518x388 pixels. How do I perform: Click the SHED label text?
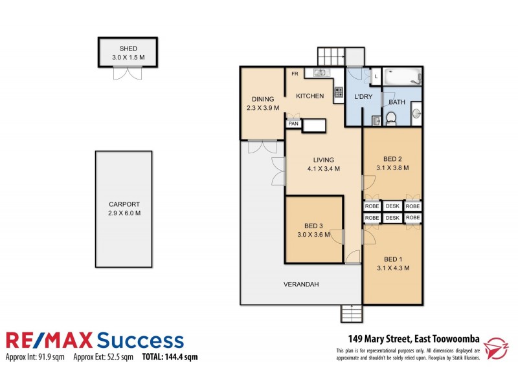click(x=128, y=48)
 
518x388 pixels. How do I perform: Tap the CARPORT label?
click(x=123, y=204)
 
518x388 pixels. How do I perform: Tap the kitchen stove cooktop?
click(x=338, y=93)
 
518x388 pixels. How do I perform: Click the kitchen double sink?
click(x=321, y=72)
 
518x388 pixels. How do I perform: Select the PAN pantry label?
click(x=293, y=123)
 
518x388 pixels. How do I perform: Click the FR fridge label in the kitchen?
click(x=294, y=74)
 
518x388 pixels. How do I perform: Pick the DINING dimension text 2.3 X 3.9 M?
click(x=262, y=108)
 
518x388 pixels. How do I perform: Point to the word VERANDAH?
click(x=301, y=285)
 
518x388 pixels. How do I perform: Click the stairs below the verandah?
click(x=350, y=314)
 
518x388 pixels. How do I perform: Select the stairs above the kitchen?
click(x=331, y=56)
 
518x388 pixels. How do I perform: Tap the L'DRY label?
click(x=363, y=97)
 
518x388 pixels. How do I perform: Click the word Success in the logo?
click(x=140, y=340)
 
